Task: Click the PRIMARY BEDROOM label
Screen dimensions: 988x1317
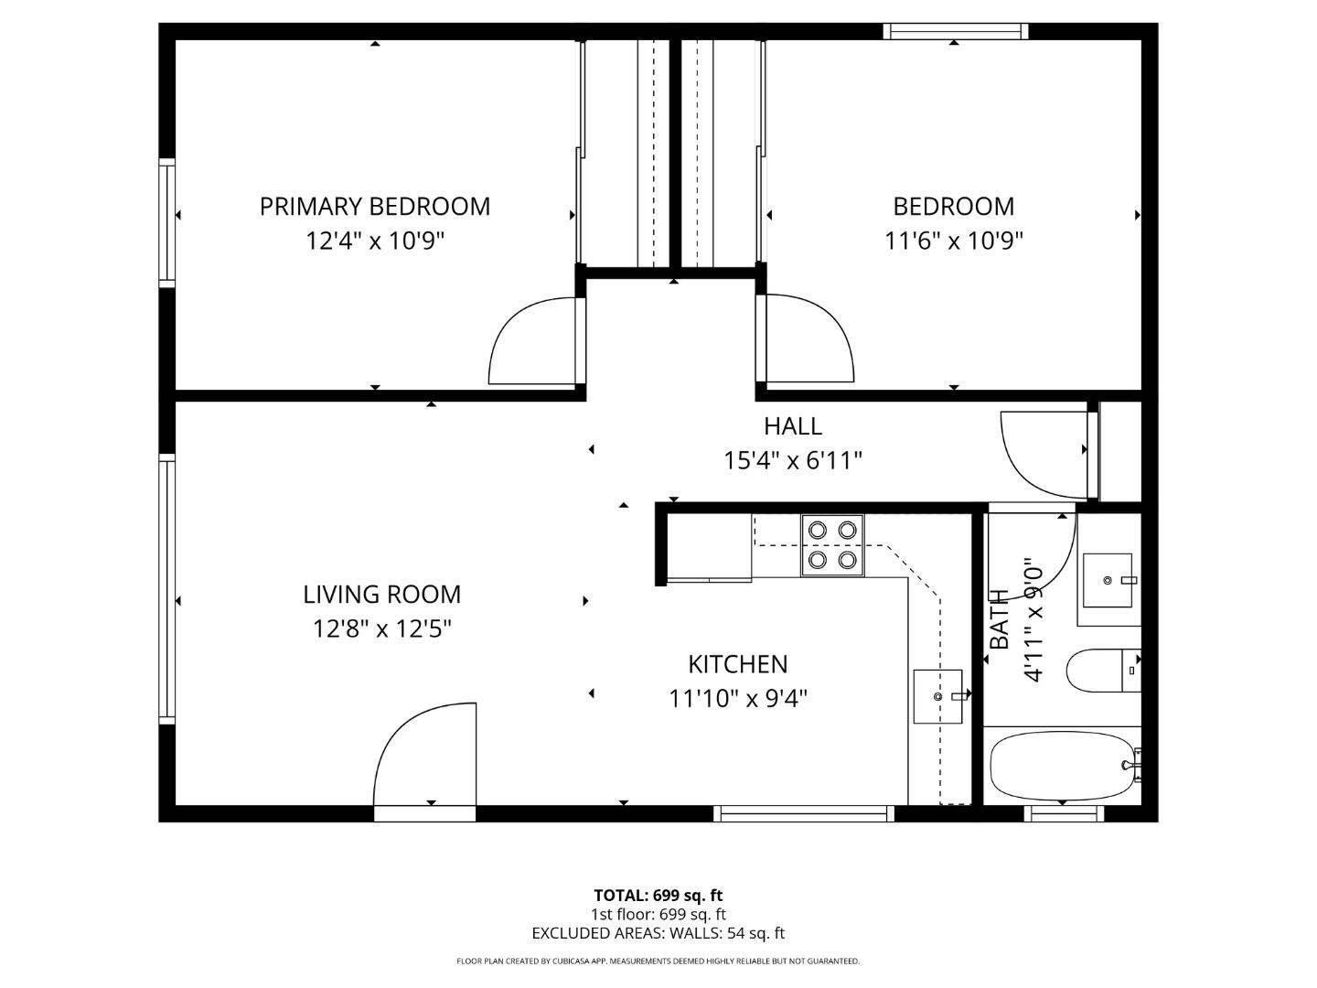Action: pos(375,206)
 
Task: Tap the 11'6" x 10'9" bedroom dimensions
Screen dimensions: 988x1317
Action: pos(953,241)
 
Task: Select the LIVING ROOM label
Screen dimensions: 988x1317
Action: pos(381,594)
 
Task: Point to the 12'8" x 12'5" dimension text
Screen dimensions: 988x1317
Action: pos(381,628)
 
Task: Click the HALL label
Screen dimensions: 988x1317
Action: pos(792,425)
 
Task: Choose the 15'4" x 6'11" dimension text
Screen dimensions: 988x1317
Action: pos(792,460)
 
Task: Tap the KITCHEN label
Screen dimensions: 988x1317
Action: pos(737,663)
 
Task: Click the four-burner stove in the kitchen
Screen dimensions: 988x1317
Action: pos(832,545)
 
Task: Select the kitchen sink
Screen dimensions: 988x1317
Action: pos(938,696)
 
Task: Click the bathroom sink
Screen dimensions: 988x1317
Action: pos(1108,580)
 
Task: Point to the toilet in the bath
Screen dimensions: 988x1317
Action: pos(1100,671)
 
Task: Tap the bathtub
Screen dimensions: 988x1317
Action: pos(1062,766)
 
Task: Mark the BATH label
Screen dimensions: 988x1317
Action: pos(1000,619)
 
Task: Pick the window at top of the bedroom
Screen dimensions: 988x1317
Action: pos(955,32)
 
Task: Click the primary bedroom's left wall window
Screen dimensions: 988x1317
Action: pos(166,220)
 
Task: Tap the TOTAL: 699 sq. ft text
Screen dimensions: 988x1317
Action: pos(658,895)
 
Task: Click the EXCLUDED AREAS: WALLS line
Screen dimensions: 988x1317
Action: pos(658,933)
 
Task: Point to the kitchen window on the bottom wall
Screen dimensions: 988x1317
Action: pos(803,813)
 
